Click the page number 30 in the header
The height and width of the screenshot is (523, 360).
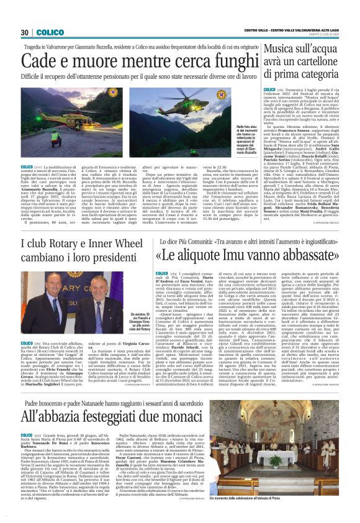(x=25, y=32)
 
